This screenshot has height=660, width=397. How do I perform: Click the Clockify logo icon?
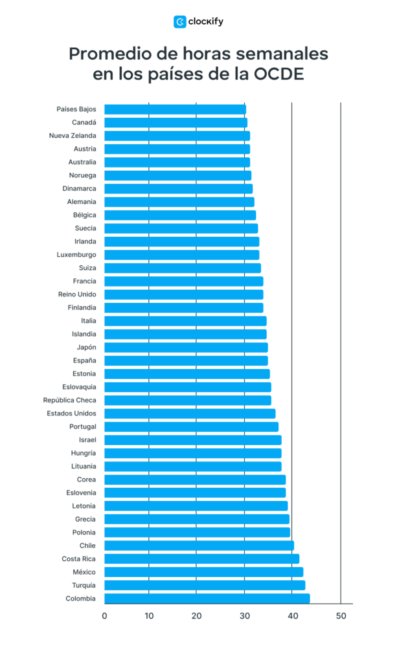click(x=179, y=21)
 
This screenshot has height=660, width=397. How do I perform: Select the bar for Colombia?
click(x=207, y=599)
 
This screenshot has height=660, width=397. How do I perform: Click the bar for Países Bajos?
click(x=175, y=109)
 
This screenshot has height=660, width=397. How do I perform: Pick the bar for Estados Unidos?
click(x=190, y=413)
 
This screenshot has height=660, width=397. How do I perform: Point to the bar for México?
click(x=203, y=572)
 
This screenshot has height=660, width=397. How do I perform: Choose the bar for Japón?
click(x=186, y=347)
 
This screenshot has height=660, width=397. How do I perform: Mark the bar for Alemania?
click(x=179, y=202)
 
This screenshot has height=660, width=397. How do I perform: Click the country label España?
click(x=84, y=360)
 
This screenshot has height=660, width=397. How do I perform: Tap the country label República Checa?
click(x=69, y=400)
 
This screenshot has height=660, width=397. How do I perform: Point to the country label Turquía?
click(x=83, y=585)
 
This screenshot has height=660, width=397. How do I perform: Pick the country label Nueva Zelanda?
click(x=73, y=136)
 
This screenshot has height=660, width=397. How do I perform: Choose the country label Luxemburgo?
click(x=76, y=255)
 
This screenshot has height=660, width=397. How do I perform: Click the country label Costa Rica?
click(x=79, y=559)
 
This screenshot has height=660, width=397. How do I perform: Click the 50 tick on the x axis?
click(x=341, y=616)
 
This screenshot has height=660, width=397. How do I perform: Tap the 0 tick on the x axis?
click(x=104, y=616)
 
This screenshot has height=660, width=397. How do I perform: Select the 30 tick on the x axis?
click(x=245, y=616)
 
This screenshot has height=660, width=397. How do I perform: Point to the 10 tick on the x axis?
click(x=149, y=616)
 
